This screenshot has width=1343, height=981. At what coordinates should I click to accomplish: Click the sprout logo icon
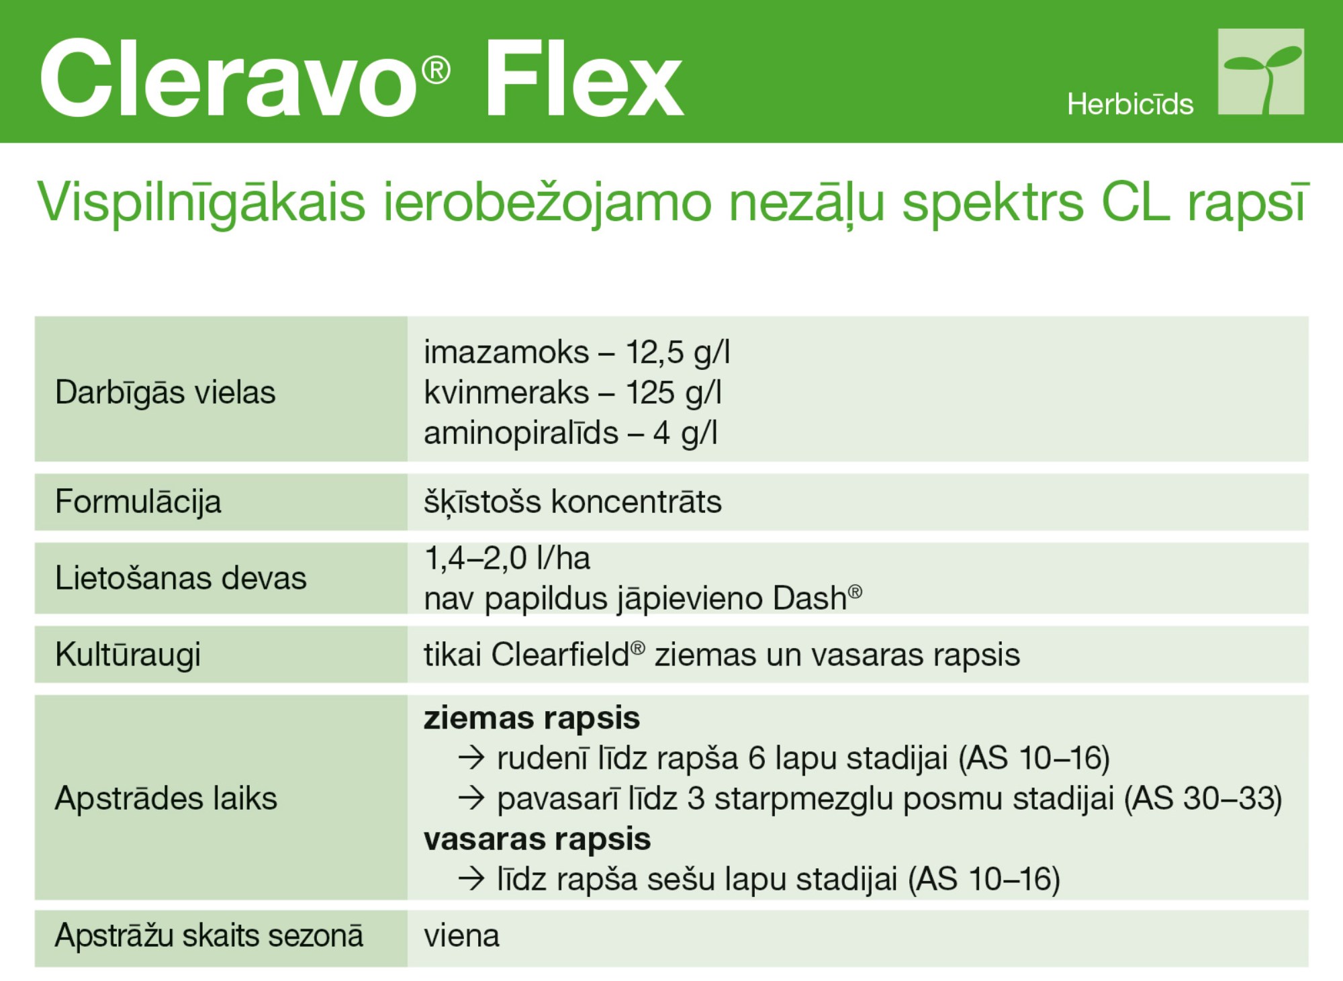[x=1261, y=71]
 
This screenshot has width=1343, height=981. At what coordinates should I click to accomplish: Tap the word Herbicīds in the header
[x=1130, y=104]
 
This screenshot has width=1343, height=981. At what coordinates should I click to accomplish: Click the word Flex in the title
[x=584, y=79]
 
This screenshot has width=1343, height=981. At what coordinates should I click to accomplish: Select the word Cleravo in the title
[x=228, y=79]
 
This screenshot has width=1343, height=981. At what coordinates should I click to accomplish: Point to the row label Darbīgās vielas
[x=165, y=392]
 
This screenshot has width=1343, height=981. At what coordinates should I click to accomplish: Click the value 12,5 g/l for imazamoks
[x=678, y=353]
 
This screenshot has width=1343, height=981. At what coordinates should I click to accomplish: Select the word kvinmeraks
[x=506, y=392]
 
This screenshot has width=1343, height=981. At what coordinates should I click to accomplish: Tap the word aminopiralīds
[x=521, y=433]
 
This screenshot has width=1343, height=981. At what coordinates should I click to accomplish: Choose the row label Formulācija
[x=138, y=502]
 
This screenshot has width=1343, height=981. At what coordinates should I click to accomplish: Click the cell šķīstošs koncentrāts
[x=573, y=502]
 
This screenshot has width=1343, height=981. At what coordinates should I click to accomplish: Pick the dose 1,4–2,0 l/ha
[x=508, y=558]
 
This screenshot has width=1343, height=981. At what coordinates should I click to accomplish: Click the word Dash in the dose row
[x=810, y=598]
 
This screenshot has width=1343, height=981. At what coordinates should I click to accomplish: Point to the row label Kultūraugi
[x=128, y=655]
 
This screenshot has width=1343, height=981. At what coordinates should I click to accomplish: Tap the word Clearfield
[x=561, y=655]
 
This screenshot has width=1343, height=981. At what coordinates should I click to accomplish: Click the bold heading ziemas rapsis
[x=532, y=718]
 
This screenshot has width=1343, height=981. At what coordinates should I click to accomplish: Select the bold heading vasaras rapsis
[x=537, y=839]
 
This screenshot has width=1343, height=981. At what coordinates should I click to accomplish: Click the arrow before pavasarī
[x=471, y=798]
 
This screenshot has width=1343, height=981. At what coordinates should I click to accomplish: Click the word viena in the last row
[x=461, y=936]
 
